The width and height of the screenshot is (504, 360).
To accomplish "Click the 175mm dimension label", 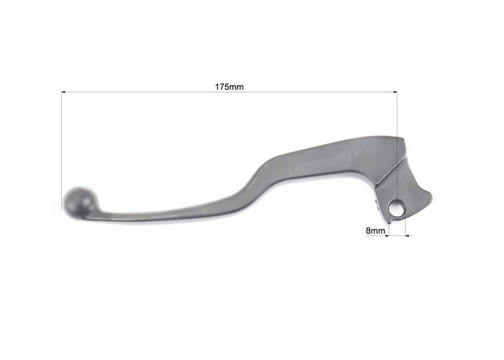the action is [229, 87].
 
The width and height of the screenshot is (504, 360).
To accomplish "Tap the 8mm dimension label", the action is [375, 230].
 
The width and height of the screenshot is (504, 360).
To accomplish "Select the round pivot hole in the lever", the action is [397, 208].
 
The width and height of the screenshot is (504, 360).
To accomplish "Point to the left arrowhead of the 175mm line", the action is [63, 92].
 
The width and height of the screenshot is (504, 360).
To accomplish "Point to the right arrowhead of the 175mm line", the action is [395, 92].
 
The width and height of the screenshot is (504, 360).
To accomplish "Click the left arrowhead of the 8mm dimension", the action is [387, 235].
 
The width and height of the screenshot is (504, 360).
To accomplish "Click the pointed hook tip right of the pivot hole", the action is [432, 195].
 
